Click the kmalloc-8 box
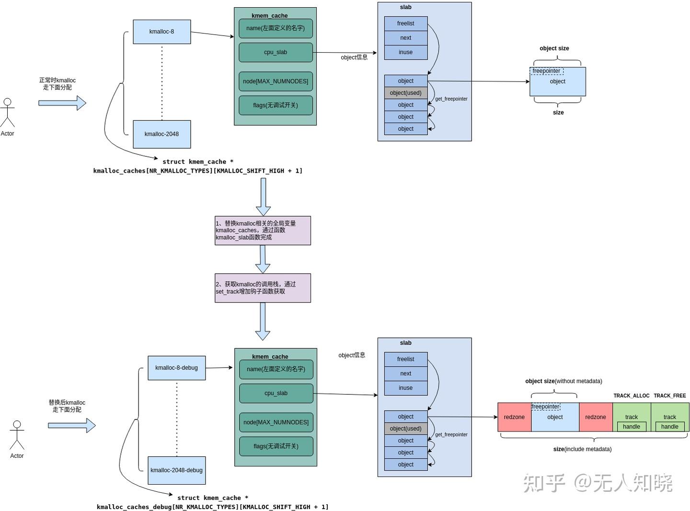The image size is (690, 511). pos(161,32)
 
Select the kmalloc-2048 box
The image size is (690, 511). pos(161,134)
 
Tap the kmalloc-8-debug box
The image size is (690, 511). pos(176,368)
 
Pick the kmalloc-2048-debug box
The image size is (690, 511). pos(176,470)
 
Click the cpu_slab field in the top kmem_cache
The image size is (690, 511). pos(276,52)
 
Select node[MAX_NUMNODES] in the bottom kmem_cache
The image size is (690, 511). pos(276,422)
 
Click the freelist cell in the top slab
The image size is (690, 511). pos(405,23)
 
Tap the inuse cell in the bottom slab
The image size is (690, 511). pos(405,388)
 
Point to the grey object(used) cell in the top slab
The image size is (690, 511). pos(405,93)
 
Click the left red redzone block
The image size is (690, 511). pos(514,417)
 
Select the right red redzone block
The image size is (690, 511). pos(596,417)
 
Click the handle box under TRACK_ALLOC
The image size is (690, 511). pos(632,427)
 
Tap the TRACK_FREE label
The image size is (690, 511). pos(669,396)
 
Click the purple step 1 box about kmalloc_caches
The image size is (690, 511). pos(263,231)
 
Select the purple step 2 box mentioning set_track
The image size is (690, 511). pos(263,288)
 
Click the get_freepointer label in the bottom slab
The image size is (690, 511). pos(451,435)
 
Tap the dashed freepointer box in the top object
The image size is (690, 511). pos(547,71)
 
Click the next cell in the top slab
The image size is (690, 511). pos(405,38)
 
